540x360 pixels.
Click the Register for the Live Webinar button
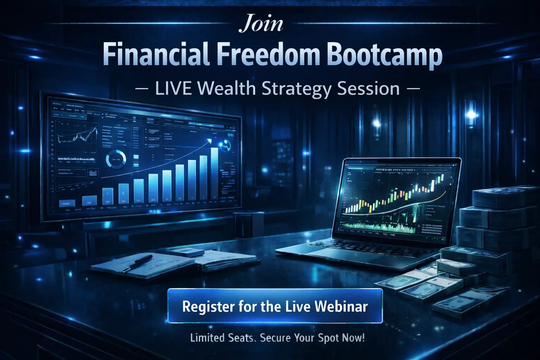point(275,306)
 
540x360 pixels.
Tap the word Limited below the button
point(207,338)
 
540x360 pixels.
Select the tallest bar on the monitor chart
point(214,174)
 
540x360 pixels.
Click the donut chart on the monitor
point(116,159)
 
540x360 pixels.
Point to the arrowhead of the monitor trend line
point(210,140)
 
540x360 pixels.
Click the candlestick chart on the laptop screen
point(394,197)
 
